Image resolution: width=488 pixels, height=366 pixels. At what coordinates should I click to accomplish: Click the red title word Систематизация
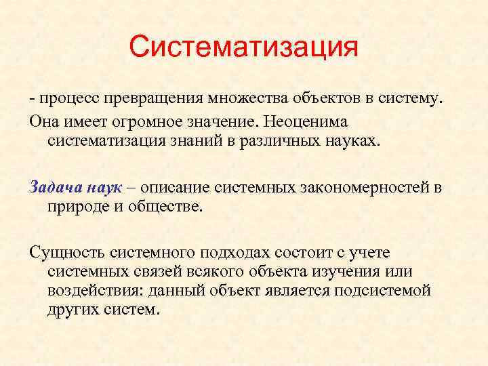pyautogui.click(x=243, y=47)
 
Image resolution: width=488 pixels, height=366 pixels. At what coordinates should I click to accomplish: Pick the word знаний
pyautogui.click(x=210, y=140)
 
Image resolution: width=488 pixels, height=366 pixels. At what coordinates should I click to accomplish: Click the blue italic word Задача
pyautogui.click(x=53, y=187)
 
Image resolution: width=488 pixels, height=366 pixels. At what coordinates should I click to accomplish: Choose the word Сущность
pyautogui.click(x=62, y=253)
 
